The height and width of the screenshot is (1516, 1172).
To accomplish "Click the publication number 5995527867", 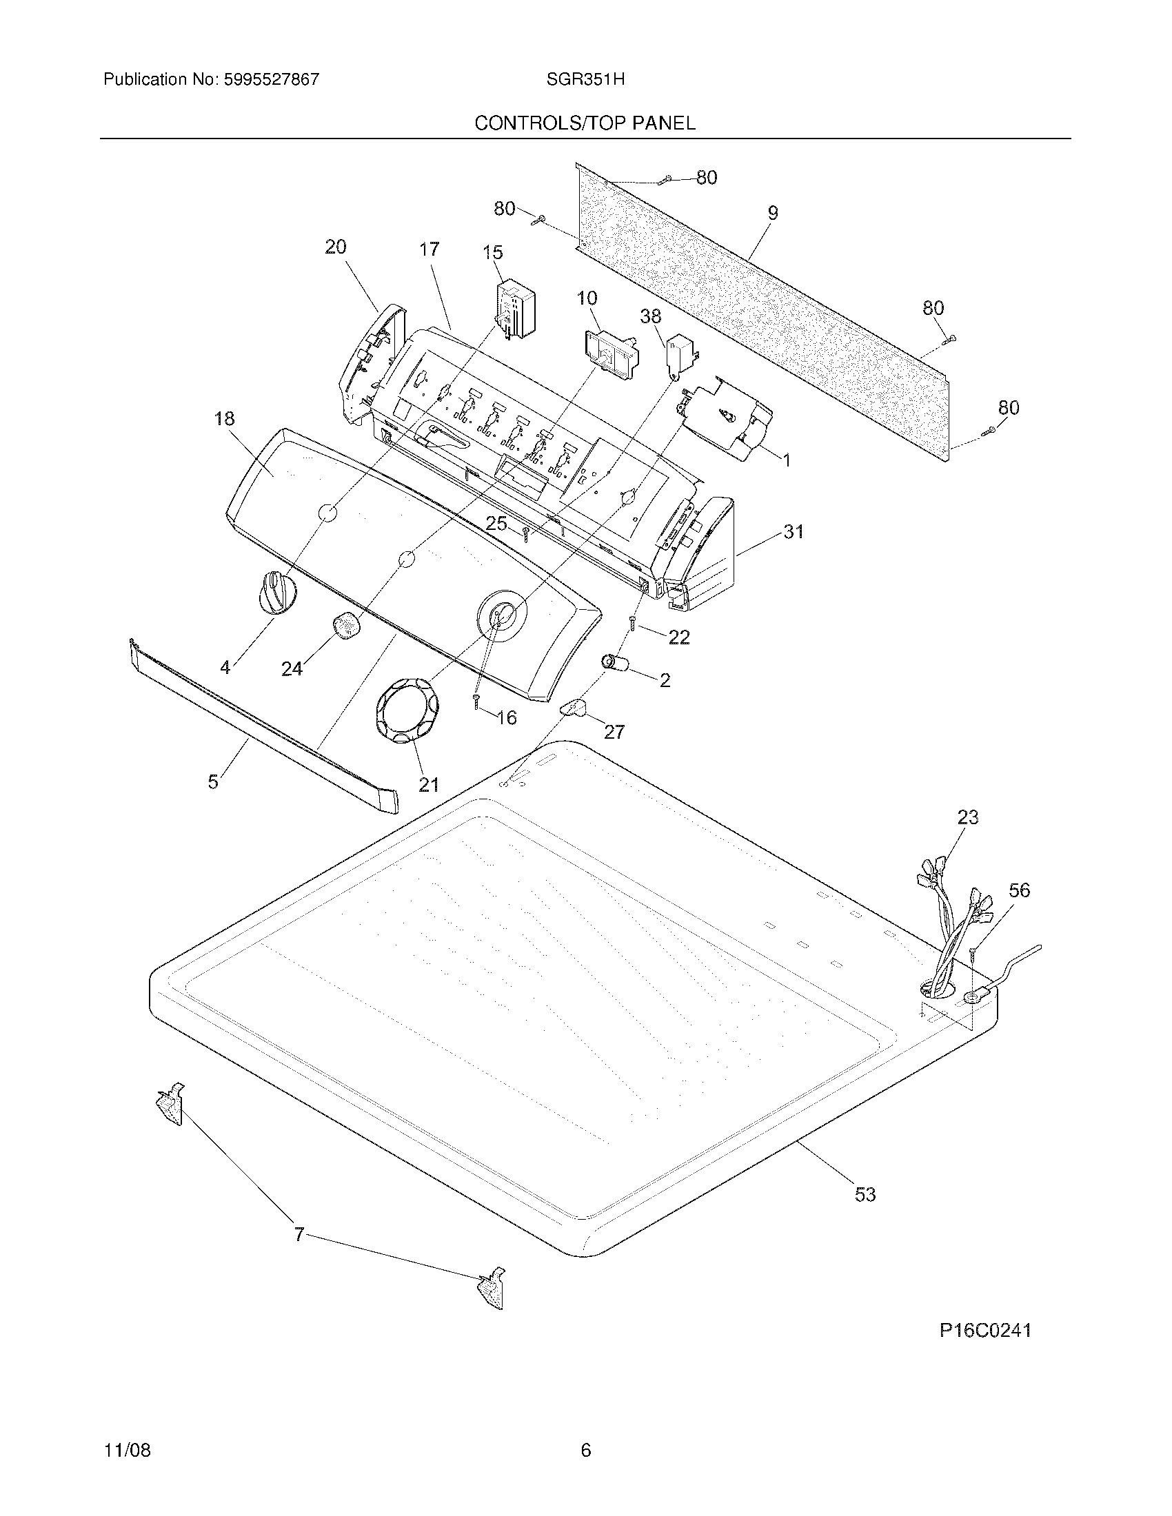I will (271, 79).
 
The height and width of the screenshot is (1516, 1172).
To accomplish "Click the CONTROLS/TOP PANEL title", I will (585, 123).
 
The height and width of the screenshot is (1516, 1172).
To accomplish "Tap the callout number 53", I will (865, 1195).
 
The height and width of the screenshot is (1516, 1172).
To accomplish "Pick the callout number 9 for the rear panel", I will (772, 213).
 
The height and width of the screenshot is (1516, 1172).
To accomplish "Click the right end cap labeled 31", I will (701, 555).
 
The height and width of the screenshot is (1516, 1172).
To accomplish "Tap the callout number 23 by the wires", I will (967, 817).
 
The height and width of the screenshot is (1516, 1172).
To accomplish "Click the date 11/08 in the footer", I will (128, 1450).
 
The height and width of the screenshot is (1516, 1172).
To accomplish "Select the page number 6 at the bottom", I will (585, 1450).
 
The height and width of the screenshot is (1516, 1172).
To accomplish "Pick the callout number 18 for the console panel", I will (224, 418).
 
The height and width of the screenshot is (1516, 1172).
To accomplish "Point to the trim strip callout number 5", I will (213, 781).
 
